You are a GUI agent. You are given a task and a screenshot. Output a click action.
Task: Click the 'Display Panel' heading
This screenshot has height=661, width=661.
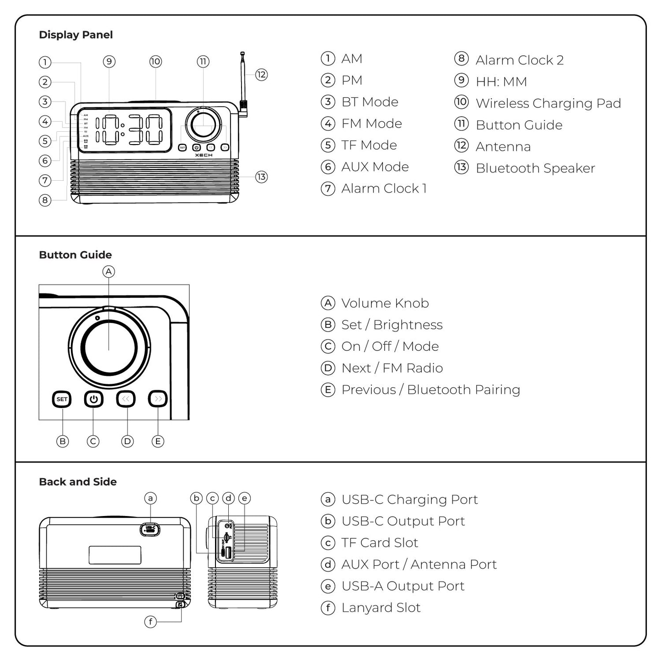(x=75, y=35)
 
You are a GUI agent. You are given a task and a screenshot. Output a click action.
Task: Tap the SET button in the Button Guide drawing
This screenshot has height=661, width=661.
(x=62, y=399)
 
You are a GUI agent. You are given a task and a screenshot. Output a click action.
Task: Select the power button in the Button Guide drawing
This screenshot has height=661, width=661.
(x=94, y=399)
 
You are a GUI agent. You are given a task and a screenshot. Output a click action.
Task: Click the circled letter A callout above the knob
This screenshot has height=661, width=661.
(x=108, y=272)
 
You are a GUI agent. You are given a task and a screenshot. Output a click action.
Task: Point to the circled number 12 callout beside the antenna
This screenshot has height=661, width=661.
(x=261, y=75)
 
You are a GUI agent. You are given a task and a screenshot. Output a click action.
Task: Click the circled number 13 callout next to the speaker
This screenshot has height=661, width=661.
(x=261, y=177)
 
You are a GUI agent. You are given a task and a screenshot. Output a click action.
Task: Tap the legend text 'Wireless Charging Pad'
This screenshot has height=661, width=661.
(x=548, y=103)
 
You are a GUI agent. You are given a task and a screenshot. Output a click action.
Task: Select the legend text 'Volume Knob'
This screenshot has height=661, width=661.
(x=385, y=303)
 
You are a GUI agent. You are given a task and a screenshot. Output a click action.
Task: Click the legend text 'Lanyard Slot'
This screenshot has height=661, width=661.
(x=381, y=607)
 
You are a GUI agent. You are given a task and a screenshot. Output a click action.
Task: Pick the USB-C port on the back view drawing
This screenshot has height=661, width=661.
(x=150, y=529)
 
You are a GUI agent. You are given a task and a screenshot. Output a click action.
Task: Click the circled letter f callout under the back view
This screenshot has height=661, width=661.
(x=150, y=622)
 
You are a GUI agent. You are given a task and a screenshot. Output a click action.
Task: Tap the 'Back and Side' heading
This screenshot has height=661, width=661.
(x=78, y=482)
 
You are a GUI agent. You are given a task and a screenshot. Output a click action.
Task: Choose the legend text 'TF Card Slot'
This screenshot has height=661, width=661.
(x=379, y=543)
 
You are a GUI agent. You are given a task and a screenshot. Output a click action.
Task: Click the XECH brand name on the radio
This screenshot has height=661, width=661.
(x=204, y=156)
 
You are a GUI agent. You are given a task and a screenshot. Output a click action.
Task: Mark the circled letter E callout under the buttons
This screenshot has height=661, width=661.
(x=158, y=441)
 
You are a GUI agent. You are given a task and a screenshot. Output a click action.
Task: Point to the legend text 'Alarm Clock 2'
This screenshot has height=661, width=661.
(x=519, y=60)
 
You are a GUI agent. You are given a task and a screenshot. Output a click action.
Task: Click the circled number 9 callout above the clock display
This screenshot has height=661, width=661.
(x=109, y=62)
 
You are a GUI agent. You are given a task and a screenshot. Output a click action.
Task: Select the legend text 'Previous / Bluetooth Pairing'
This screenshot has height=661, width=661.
(x=430, y=390)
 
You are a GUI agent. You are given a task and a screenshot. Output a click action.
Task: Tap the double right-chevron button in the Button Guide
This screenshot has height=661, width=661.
(x=158, y=399)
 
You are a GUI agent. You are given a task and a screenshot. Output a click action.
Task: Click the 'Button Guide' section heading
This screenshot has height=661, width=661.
(x=75, y=255)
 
